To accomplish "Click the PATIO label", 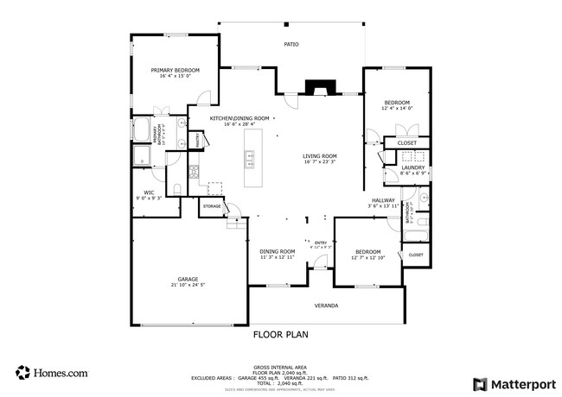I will (291, 43).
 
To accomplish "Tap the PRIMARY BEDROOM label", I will (176, 70).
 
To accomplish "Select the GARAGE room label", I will (188, 279).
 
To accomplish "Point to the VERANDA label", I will (326, 306).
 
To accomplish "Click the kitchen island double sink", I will (250, 159).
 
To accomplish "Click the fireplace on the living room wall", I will (319, 87).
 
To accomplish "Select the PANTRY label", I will (197, 140).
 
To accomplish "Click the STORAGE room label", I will (212, 207).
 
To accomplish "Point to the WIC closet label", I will (149, 192).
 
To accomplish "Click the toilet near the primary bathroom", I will (176, 190).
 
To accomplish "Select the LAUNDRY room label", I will (412, 167).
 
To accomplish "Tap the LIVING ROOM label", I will (319, 156).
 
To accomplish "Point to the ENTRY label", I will (320, 243).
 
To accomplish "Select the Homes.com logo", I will (52, 373).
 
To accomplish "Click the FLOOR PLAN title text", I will (280, 334).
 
